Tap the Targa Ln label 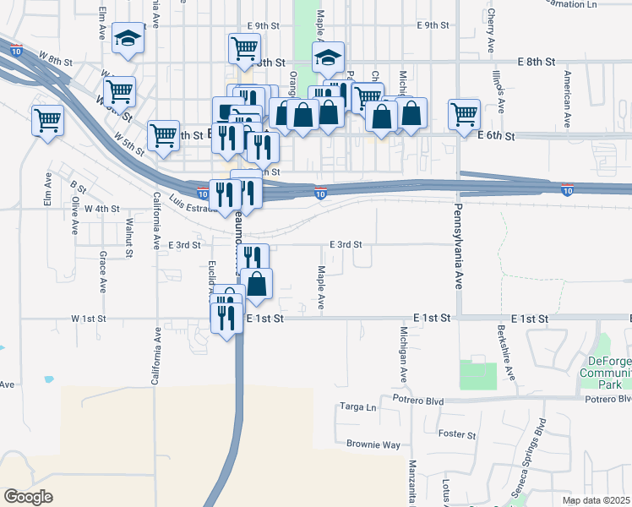[x=357, y=406]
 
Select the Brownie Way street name [x=373, y=444]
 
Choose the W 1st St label [x=89, y=319]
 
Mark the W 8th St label [x=57, y=60]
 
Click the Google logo [x=28, y=497]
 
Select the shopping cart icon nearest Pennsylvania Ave [x=464, y=113]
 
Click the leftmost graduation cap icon [x=128, y=38]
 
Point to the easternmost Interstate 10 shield [x=568, y=191]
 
